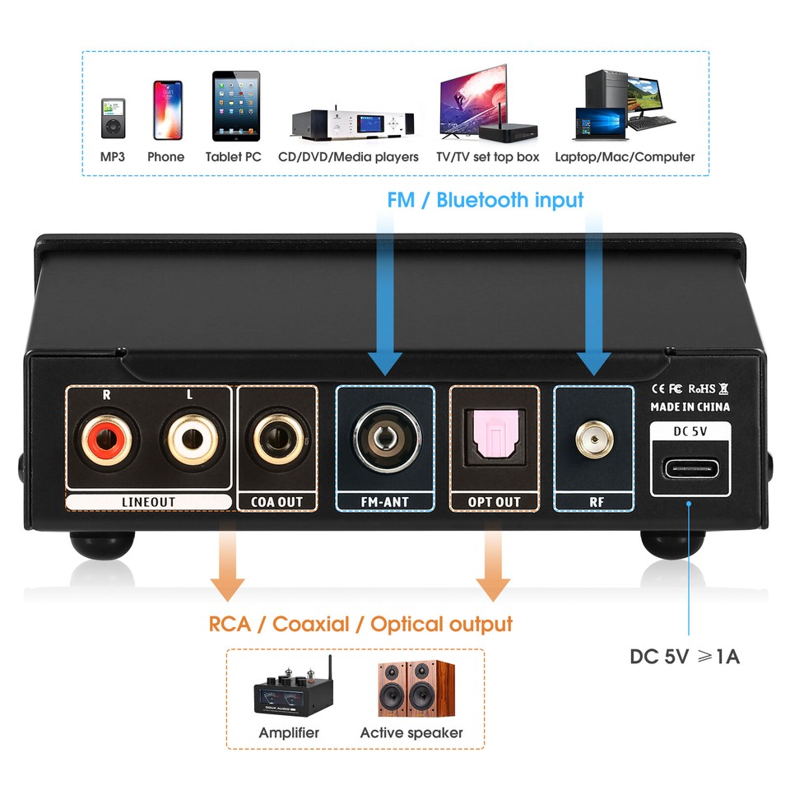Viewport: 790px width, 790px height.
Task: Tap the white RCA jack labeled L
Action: pos(190,442)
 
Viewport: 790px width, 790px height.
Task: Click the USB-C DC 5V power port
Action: pos(690,472)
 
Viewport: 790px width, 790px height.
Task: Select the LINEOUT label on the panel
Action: pos(148,501)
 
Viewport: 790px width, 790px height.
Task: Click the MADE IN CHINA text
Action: pos(690,407)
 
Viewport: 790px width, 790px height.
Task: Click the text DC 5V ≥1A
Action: pos(685,657)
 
